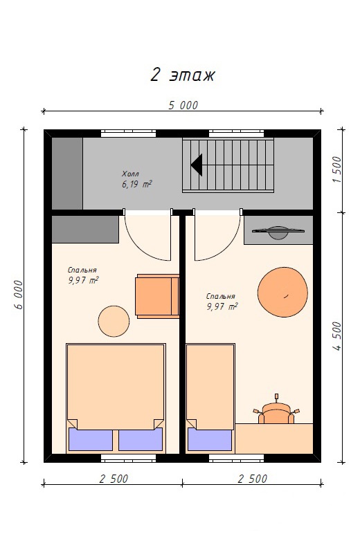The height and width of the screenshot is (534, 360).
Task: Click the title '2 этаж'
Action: pos(182,75)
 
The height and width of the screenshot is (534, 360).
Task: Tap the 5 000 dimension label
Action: pos(183,105)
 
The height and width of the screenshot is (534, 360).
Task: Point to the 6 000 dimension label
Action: pos(19,295)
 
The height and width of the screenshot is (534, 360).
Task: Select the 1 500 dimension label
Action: pos(336,169)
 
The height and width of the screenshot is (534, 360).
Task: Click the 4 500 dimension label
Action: pos(336,336)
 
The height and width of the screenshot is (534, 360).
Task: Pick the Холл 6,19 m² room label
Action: pos(136,179)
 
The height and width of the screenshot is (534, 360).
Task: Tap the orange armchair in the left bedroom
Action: pos(158,296)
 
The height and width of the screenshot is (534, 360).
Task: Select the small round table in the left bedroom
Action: pos(114,321)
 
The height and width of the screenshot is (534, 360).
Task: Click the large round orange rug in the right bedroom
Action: pos(282,292)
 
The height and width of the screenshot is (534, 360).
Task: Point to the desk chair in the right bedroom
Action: pos(276,410)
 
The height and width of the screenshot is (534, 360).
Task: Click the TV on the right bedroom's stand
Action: pos(278,232)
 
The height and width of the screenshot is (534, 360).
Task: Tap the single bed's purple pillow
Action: pos(210,440)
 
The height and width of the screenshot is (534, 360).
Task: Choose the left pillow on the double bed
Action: pos(91,439)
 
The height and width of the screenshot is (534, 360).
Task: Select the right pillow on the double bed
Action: pos(141,439)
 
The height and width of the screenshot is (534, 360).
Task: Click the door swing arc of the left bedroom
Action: pos(141,248)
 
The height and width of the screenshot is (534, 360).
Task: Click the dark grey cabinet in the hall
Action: pos(67,174)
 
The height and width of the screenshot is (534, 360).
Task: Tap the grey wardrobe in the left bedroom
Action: pos(85,229)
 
